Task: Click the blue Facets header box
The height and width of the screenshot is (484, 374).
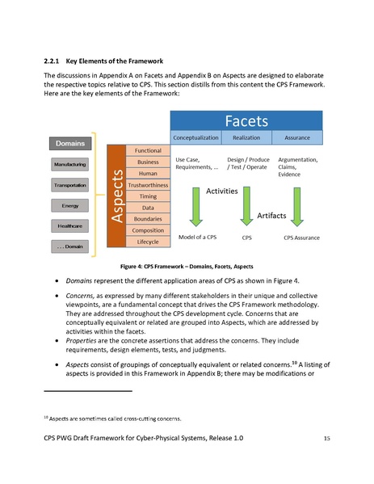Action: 246,123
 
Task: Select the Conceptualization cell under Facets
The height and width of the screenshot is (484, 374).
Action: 196,139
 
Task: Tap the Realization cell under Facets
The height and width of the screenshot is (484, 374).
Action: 246,139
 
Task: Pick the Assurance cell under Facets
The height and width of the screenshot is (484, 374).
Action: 296,139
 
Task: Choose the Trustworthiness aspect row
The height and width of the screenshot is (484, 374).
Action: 148,184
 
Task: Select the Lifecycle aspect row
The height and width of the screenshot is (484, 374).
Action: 148,242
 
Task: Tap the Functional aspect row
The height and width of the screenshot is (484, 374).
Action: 148,150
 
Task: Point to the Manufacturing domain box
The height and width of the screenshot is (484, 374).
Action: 70,164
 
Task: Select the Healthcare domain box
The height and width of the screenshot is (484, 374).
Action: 70,225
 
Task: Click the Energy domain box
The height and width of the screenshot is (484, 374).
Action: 70,205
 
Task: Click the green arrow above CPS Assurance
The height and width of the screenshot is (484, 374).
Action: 296,208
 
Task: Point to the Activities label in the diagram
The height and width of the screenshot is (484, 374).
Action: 221,191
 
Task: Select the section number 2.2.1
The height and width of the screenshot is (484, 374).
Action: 53,61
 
